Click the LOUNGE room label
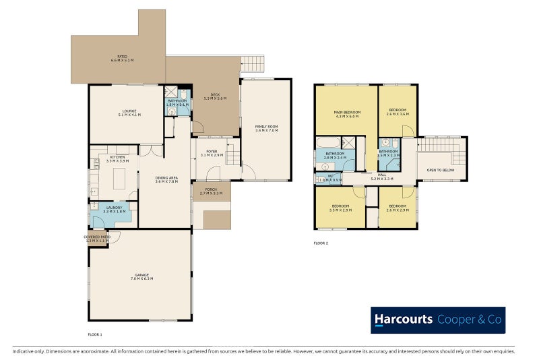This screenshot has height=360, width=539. click(129, 113)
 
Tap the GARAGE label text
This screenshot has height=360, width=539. click(141, 276)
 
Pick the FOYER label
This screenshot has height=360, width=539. click(212, 154)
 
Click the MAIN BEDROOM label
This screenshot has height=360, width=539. click(348, 114)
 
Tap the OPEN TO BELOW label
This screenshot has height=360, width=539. click(441, 171)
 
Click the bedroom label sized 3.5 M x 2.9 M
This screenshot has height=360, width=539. click(340, 208)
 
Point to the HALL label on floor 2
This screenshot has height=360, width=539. click(382, 177)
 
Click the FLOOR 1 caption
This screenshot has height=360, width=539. click(95, 334)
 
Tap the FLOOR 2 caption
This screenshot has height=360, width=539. click(321, 242)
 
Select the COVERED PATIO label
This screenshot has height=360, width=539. click(98, 239)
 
